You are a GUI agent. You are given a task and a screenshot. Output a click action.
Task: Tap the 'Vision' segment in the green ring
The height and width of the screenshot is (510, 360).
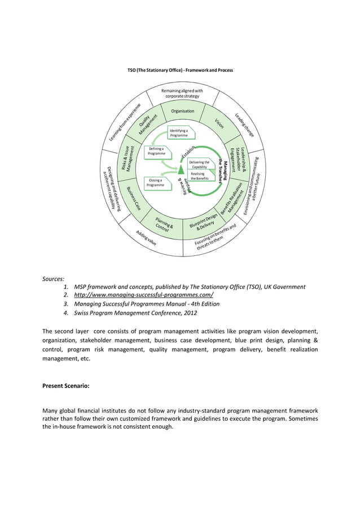coord(219,123)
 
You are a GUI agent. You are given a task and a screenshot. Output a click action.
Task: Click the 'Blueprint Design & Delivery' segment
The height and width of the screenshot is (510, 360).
coord(203,224)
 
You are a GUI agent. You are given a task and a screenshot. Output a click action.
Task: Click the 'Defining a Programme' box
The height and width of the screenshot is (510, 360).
coord(156,151)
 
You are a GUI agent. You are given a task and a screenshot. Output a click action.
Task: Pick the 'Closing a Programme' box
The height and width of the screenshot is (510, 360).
coord(155,183)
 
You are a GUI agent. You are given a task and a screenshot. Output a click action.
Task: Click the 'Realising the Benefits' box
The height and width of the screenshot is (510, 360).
coord(201,176)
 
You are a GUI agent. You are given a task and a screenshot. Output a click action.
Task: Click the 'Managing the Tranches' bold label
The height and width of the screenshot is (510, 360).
coord(223,170)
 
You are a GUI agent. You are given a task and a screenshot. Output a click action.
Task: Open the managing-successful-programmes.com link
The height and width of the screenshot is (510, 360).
coord(143,295)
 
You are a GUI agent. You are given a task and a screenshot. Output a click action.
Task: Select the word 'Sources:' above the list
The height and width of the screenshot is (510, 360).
coord(54,278)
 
